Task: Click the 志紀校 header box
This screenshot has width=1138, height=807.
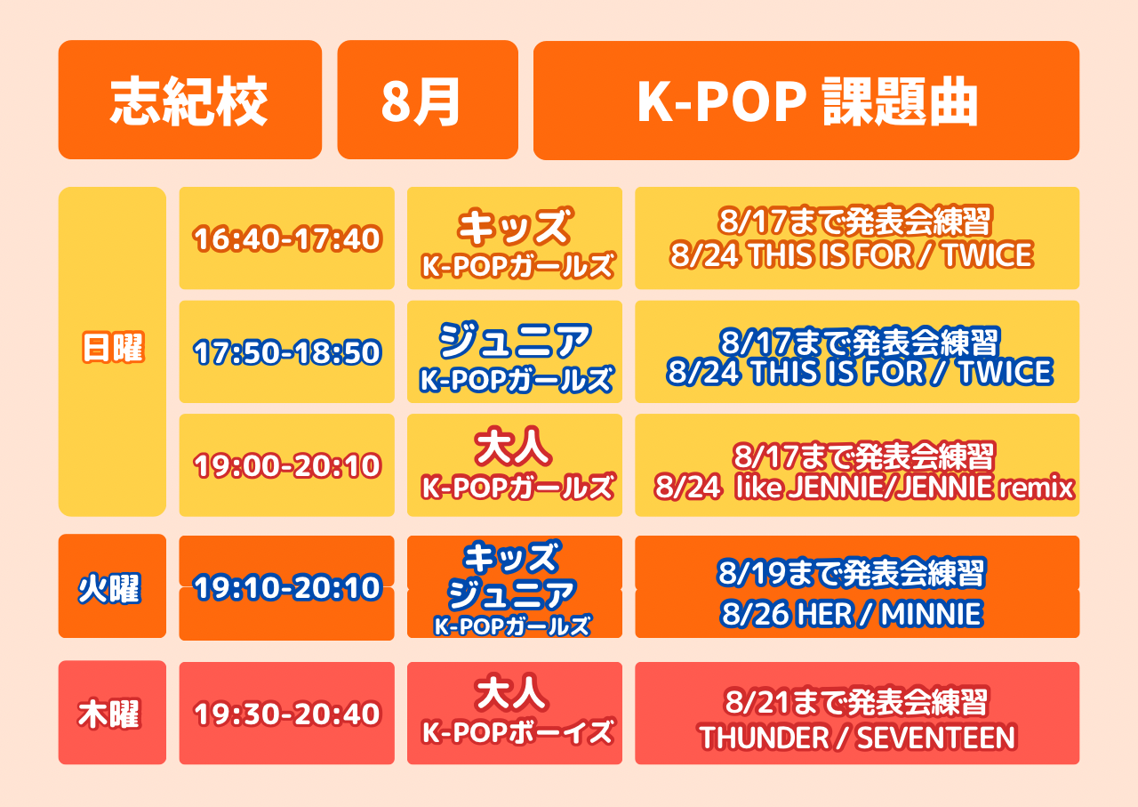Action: (x=190, y=100)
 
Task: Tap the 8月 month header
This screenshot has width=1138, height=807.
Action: (x=428, y=100)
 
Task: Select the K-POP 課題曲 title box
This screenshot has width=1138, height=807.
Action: (x=806, y=101)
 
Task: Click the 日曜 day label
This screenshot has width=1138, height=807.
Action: (x=113, y=348)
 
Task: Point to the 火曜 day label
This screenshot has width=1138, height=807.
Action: (x=109, y=589)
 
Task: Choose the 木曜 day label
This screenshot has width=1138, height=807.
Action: (x=108, y=714)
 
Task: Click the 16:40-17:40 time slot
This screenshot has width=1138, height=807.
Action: (x=287, y=238)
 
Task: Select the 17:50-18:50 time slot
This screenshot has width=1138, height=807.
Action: (x=287, y=351)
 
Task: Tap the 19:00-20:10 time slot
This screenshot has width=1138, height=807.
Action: (x=287, y=465)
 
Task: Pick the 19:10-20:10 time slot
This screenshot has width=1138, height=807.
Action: (x=287, y=587)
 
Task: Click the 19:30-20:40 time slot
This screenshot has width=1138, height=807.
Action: (x=287, y=714)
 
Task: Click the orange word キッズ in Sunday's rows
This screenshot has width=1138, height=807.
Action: (x=515, y=226)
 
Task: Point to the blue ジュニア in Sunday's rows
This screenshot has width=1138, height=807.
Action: (x=515, y=340)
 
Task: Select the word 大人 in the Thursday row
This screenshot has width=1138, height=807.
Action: (x=512, y=692)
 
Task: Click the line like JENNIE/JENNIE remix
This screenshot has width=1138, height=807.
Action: (x=905, y=487)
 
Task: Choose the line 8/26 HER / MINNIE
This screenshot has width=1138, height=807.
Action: (x=852, y=613)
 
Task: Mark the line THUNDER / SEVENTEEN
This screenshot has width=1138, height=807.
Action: (x=857, y=738)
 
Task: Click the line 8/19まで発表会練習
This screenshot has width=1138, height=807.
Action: (x=852, y=573)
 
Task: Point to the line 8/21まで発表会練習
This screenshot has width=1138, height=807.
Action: (x=856, y=702)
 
